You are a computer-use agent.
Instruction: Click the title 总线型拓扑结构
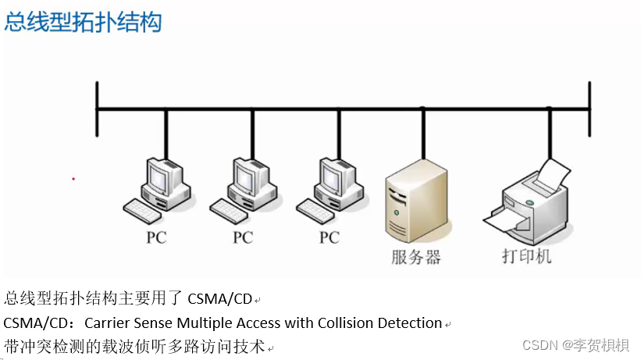click(x=83, y=22)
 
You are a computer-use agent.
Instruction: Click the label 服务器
click(x=416, y=257)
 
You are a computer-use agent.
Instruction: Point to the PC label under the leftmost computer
click(x=156, y=237)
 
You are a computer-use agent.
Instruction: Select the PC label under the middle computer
click(x=243, y=237)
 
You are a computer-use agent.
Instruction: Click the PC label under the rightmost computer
click(x=329, y=237)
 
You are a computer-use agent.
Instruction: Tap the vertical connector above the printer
click(x=550, y=133)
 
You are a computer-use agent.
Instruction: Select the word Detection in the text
click(x=406, y=323)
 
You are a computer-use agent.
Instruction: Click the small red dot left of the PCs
click(x=73, y=179)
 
